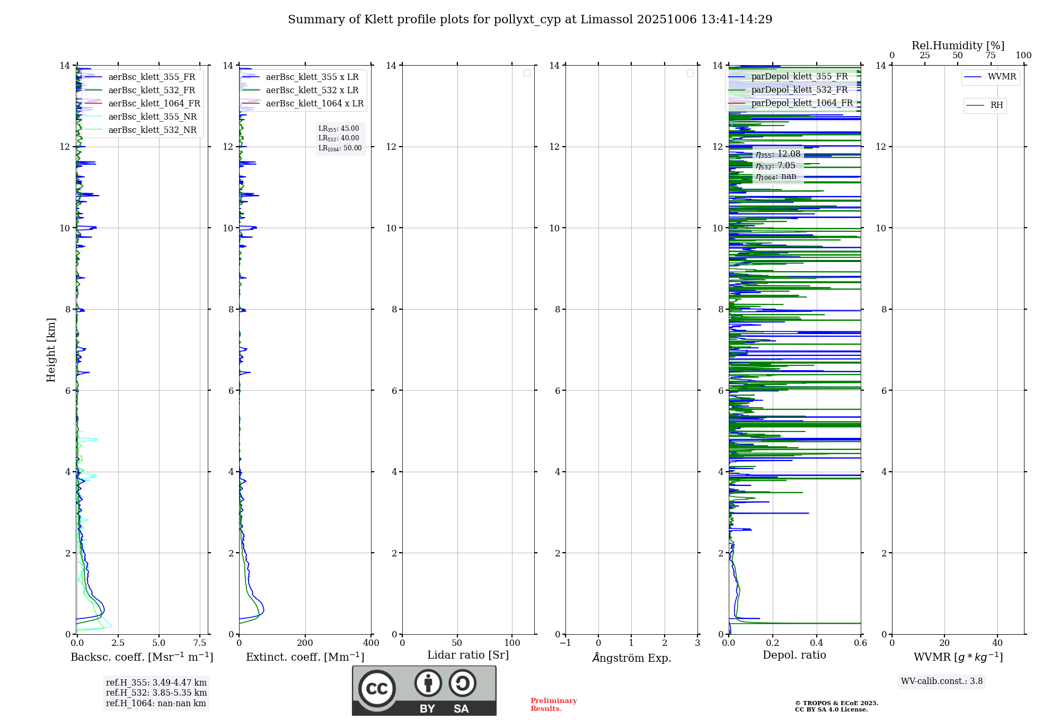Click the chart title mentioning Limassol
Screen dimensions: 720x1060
click(x=530, y=20)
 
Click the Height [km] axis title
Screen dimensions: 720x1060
click(x=51, y=349)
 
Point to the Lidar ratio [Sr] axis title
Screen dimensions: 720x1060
click(x=467, y=655)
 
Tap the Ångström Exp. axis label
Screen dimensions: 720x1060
click(x=631, y=658)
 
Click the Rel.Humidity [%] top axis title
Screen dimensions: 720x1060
click(x=958, y=46)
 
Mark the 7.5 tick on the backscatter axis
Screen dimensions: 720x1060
click(x=200, y=643)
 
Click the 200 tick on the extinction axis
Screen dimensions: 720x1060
click(x=305, y=643)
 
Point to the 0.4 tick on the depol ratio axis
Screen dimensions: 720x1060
click(x=816, y=643)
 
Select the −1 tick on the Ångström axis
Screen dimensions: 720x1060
click(x=566, y=643)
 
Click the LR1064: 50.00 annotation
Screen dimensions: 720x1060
click(x=340, y=148)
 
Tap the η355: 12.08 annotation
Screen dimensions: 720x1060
click(x=778, y=154)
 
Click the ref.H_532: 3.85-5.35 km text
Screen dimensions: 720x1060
click(x=156, y=692)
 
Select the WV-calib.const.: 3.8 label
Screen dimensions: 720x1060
click(x=941, y=681)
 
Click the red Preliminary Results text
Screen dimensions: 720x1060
click(x=553, y=704)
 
